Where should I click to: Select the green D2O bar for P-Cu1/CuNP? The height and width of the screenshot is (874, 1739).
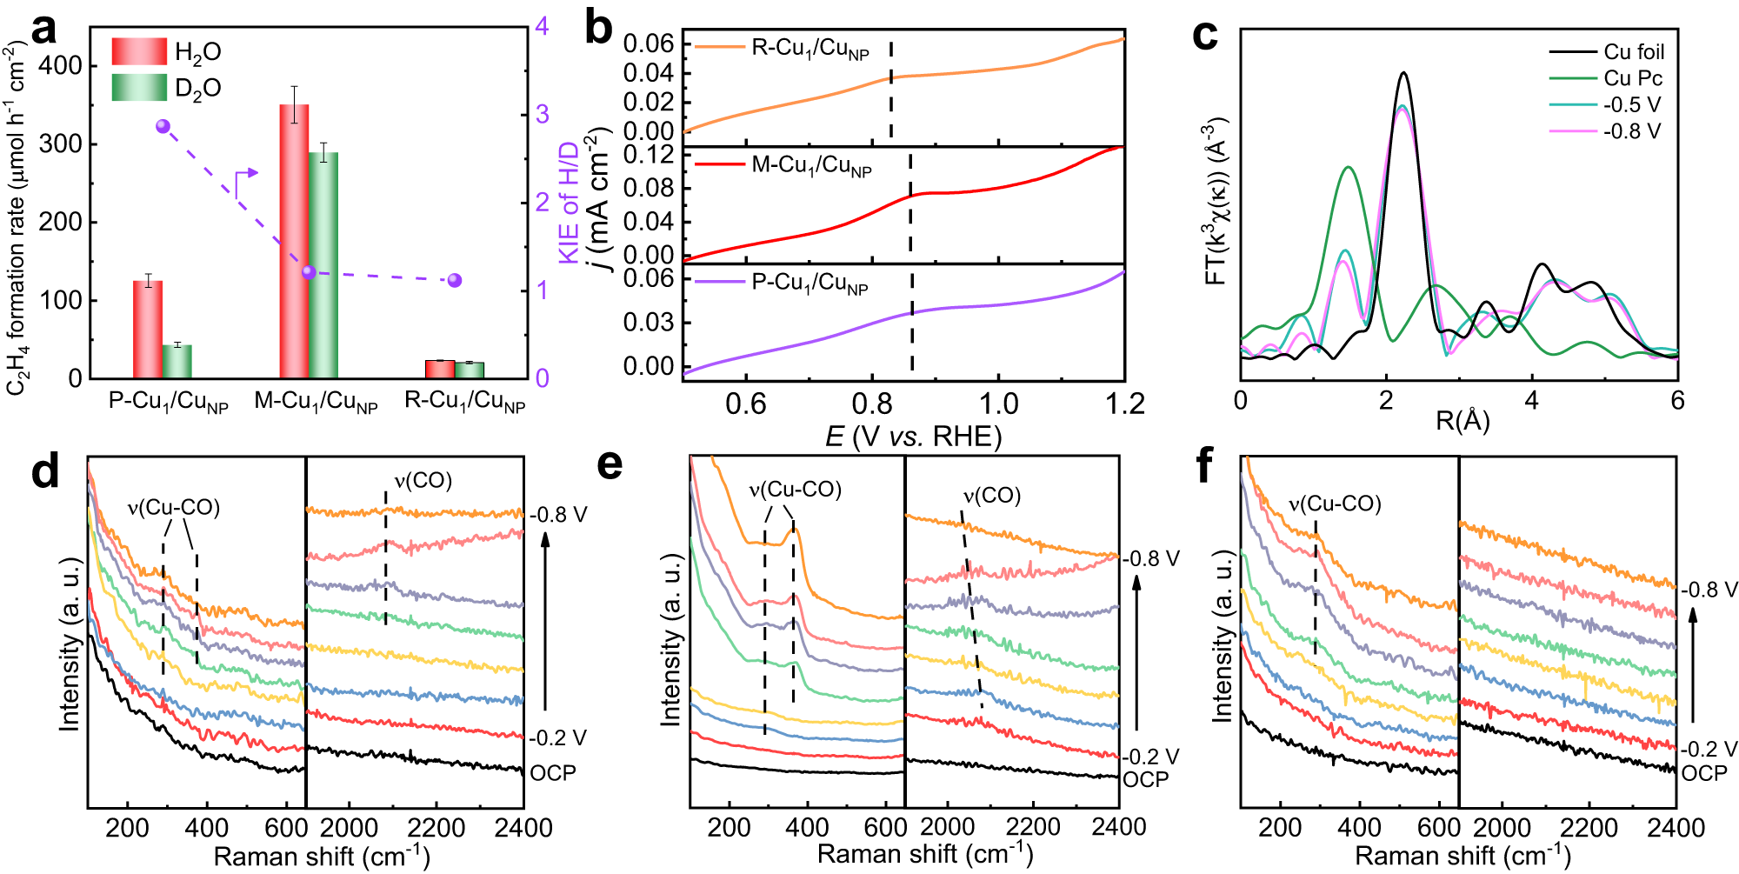[177, 361]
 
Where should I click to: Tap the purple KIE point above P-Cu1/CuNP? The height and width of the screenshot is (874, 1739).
[163, 126]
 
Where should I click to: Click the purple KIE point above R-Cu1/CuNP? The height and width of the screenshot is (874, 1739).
[454, 280]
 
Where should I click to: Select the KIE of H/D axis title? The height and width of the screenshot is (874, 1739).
[569, 203]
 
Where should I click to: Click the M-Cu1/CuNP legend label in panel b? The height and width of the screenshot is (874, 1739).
[810, 164]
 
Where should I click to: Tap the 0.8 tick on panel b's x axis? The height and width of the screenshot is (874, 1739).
[872, 404]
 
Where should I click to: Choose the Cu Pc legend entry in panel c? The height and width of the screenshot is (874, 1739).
[1632, 78]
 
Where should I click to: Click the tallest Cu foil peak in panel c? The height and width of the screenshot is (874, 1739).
[1403, 74]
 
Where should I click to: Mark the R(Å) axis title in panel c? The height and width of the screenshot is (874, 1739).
[1462, 421]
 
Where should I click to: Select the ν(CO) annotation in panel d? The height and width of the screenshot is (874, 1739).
[423, 481]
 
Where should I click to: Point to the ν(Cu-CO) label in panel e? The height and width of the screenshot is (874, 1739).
[795, 490]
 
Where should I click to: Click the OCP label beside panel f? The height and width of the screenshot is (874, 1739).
[1703, 773]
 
